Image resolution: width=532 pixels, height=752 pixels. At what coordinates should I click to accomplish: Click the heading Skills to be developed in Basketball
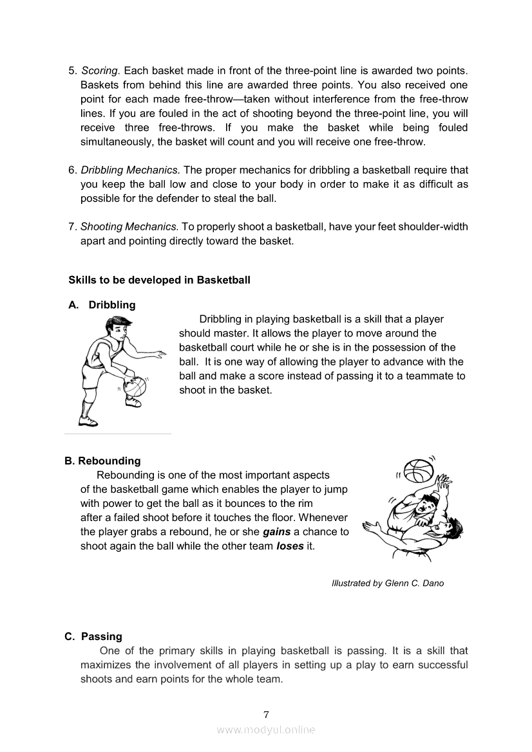pyautogui.click(x=159, y=280)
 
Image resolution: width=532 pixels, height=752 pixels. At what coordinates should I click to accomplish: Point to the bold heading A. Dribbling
pyautogui.click(x=102, y=305)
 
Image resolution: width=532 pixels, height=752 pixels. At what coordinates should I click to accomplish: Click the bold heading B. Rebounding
pyautogui.click(x=102, y=461)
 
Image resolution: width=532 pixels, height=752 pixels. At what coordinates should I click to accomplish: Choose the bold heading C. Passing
pyautogui.click(x=93, y=636)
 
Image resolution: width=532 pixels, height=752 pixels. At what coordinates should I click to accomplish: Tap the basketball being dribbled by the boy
pyautogui.click(x=135, y=388)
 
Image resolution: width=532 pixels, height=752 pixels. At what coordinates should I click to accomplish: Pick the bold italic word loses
pyautogui.click(x=290, y=546)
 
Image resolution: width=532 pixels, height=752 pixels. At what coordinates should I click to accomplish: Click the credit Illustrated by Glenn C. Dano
pyautogui.click(x=387, y=583)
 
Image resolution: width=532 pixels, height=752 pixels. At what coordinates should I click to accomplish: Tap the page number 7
pyautogui.click(x=266, y=715)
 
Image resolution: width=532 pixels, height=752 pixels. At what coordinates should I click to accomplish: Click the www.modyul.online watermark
pyautogui.click(x=266, y=729)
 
